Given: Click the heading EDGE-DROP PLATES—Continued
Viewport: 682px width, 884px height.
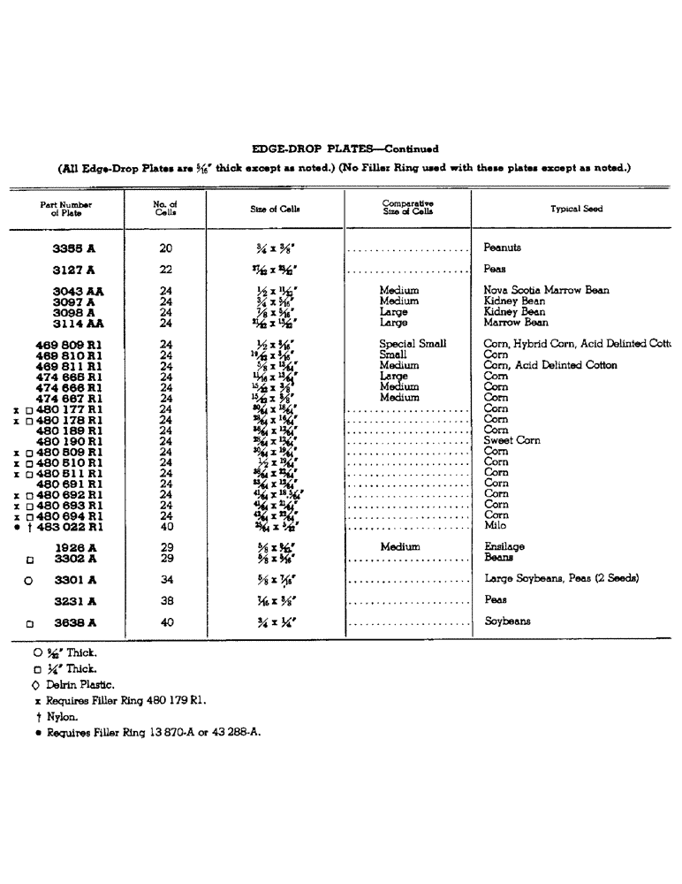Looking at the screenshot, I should (x=345, y=149).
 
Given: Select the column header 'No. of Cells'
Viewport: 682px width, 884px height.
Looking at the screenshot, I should (x=164, y=209).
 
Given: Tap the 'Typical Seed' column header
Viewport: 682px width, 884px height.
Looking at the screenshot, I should (x=576, y=209).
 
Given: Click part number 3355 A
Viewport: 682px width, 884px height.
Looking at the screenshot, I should (x=74, y=249).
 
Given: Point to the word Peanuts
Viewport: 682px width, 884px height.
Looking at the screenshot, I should (x=503, y=248).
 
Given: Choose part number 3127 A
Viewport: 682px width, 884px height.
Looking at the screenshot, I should (x=74, y=270).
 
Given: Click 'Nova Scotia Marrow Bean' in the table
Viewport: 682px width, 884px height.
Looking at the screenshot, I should (x=546, y=290).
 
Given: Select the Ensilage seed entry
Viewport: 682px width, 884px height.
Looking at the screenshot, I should (x=504, y=547).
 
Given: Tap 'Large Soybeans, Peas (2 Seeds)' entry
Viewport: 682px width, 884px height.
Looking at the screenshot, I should (x=561, y=579).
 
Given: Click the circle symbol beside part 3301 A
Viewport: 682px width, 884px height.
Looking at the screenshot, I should (x=28, y=581).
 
